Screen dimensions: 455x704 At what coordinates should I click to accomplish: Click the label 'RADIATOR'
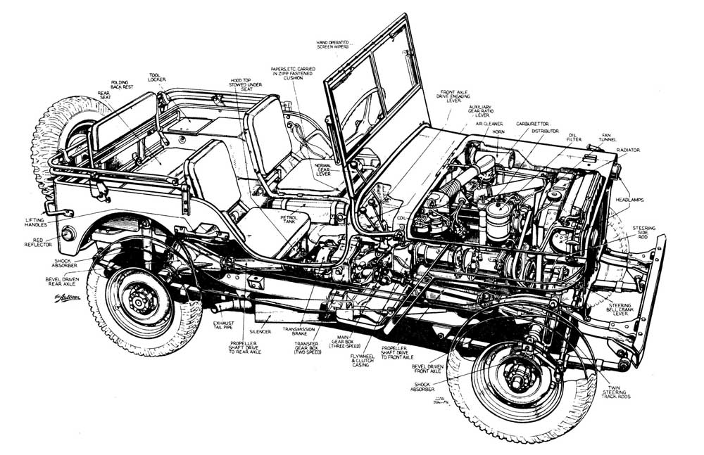tap(628, 150)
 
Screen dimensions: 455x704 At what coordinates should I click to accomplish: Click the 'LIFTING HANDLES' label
tap(34, 222)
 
